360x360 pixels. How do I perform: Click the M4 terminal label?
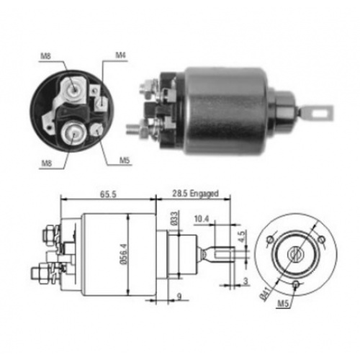(x=121, y=55)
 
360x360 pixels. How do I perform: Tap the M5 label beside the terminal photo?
(x=125, y=161)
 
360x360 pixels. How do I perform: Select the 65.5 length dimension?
(x=108, y=194)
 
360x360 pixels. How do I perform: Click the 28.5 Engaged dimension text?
(x=195, y=193)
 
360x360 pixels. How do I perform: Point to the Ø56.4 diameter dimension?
(x=125, y=254)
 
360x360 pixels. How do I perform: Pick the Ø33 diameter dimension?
(x=175, y=218)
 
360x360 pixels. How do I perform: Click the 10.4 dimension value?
(x=202, y=219)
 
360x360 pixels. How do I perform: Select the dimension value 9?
(x=179, y=297)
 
